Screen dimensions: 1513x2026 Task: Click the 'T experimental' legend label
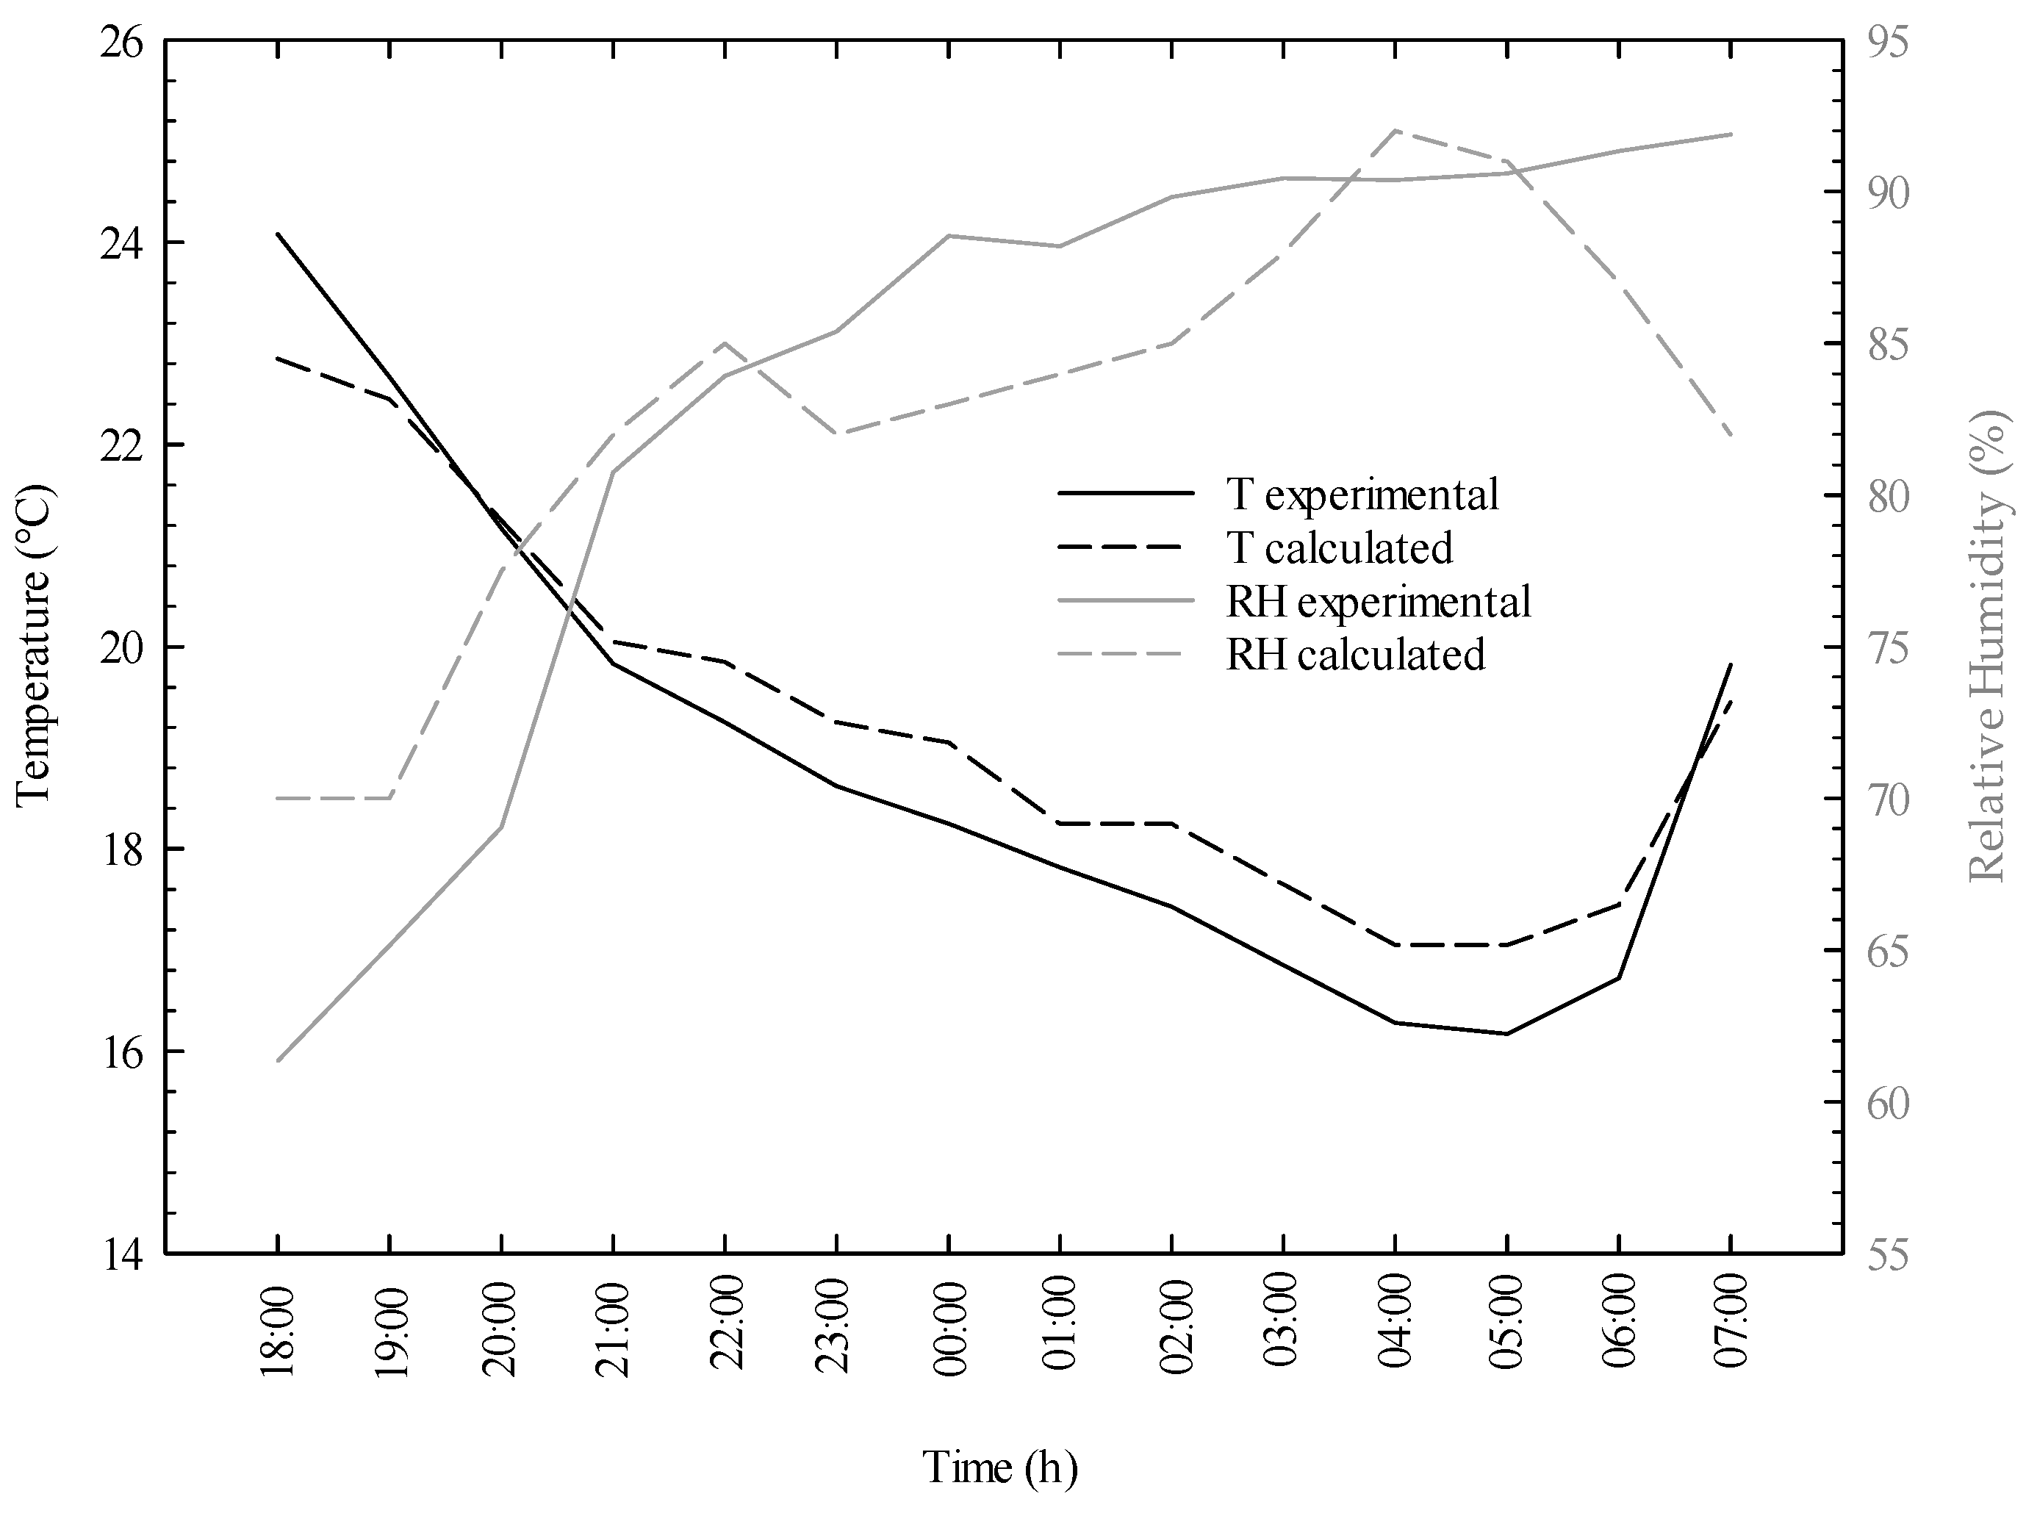pos(1362,495)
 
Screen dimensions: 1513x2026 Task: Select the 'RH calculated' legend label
pos(1356,655)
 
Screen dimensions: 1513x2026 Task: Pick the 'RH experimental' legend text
pos(1379,602)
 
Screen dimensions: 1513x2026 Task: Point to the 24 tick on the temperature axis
pos(122,244)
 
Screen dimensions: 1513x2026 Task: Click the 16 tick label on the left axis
pos(122,1052)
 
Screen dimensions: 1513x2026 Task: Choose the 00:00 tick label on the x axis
pos(949,1331)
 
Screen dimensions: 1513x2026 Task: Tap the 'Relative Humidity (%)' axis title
pos(1988,646)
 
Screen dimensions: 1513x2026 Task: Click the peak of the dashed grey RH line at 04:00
pos(1395,130)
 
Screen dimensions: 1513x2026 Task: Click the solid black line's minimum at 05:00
pos(1506,1034)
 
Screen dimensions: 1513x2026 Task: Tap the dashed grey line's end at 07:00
pos(1730,436)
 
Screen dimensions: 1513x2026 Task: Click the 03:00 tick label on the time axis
pos(1283,1331)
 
